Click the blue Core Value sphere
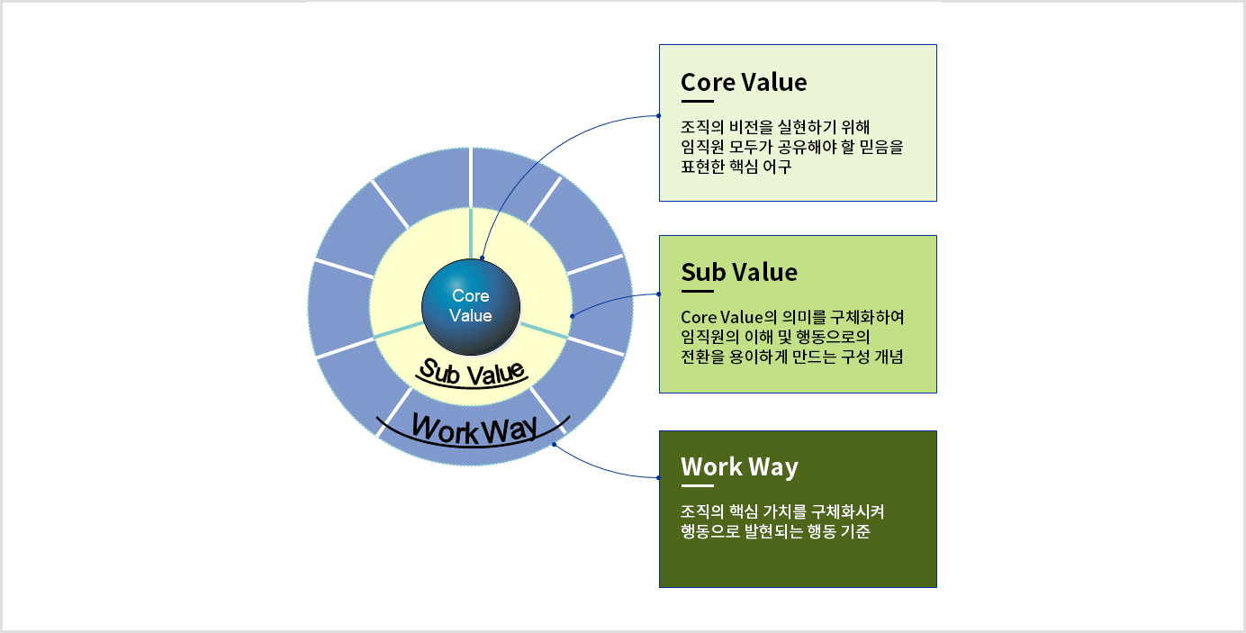[471, 307]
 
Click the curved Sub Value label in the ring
[473, 370]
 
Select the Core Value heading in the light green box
[744, 82]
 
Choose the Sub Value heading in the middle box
[739, 272]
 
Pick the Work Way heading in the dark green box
[739, 466]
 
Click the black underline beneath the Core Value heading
[697, 102]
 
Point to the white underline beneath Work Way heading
[697, 486]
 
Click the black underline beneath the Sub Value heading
[697, 292]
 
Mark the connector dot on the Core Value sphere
[483, 258]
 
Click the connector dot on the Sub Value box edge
[660, 294]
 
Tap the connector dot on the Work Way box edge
[660, 477]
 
